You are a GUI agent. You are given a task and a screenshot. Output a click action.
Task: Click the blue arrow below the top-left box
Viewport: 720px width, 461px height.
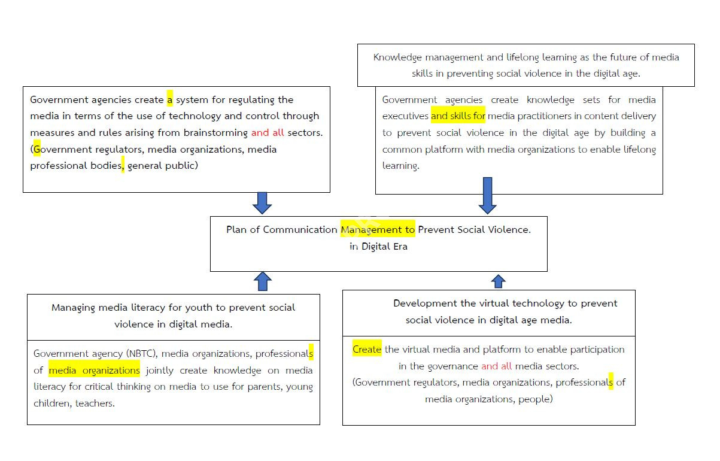(262, 203)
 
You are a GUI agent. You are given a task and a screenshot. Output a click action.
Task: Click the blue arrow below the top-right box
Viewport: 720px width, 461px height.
(487, 196)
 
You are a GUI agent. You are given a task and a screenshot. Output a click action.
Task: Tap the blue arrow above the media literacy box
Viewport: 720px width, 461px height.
(262, 281)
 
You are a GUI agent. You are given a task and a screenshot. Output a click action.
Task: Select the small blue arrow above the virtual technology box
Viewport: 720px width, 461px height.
(498, 281)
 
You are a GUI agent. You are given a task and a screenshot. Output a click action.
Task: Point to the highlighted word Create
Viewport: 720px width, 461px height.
(367, 349)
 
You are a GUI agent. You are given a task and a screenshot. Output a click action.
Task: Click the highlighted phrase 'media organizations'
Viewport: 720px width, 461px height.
(94, 371)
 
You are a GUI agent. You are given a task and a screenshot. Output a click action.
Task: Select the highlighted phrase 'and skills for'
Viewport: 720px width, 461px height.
(458, 116)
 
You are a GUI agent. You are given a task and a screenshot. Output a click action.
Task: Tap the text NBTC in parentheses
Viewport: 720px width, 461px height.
(139, 354)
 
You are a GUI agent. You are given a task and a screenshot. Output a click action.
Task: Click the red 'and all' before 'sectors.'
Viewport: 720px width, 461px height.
(268, 132)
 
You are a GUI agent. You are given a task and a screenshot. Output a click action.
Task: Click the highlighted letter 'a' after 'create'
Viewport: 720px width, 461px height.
(170, 99)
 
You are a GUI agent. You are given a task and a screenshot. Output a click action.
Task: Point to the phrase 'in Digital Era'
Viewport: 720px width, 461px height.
(378, 246)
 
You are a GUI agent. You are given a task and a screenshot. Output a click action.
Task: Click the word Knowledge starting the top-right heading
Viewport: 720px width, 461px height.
(397, 57)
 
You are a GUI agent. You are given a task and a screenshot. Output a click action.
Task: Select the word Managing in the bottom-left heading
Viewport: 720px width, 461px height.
(73, 308)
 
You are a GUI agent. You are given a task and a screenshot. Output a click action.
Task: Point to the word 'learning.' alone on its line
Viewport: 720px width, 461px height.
(400, 166)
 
